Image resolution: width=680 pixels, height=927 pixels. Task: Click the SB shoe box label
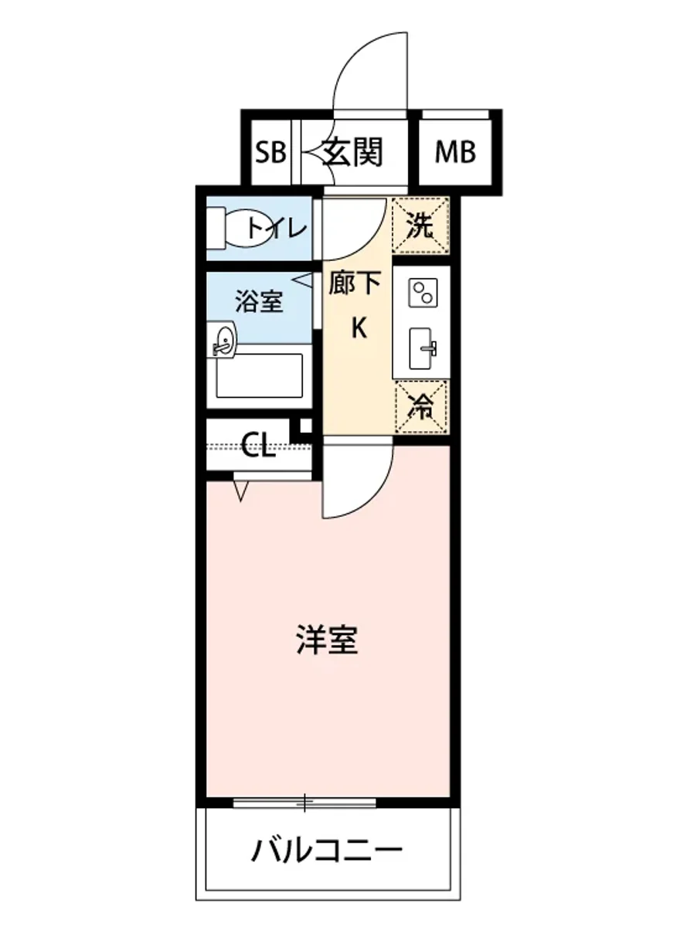[x=271, y=153]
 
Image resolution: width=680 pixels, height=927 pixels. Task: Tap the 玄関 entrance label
[x=352, y=153]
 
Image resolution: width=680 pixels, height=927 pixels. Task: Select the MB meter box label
[x=455, y=153]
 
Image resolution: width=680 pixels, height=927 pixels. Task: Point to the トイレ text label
[x=277, y=229]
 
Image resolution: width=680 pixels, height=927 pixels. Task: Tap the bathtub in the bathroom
[x=260, y=378]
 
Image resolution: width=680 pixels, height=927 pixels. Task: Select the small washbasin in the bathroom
[x=223, y=341]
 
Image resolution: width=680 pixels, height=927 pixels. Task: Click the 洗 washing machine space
[x=420, y=226]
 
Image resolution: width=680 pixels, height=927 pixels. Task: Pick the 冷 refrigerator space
[x=420, y=406]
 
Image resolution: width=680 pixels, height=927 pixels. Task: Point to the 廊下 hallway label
[x=355, y=284]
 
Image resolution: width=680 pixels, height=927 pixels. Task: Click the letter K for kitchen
[x=358, y=329]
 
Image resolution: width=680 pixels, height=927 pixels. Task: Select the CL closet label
[x=258, y=446]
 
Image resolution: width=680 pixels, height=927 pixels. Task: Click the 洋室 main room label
[x=327, y=640]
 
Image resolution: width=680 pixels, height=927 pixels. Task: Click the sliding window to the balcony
[x=305, y=803]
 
